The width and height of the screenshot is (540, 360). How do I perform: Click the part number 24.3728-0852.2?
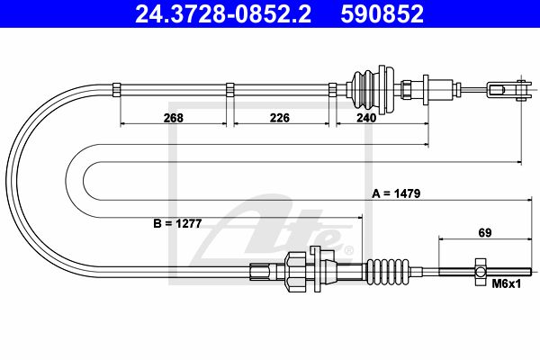[x=223, y=14]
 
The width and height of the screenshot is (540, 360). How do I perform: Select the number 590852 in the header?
[x=382, y=14]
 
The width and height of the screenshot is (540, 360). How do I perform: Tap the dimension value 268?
[x=174, y=118]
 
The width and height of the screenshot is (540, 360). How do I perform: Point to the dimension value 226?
[x=280, y=118]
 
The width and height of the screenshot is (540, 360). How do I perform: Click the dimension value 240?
[x=366, y=118]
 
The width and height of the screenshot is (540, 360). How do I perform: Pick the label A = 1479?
[x=396, y=193]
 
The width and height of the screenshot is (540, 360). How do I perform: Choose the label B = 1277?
[x=177, y=224]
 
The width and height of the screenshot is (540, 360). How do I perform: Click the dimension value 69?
[x=485, y=233]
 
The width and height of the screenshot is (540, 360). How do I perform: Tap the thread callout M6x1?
[x=507, y=283]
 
